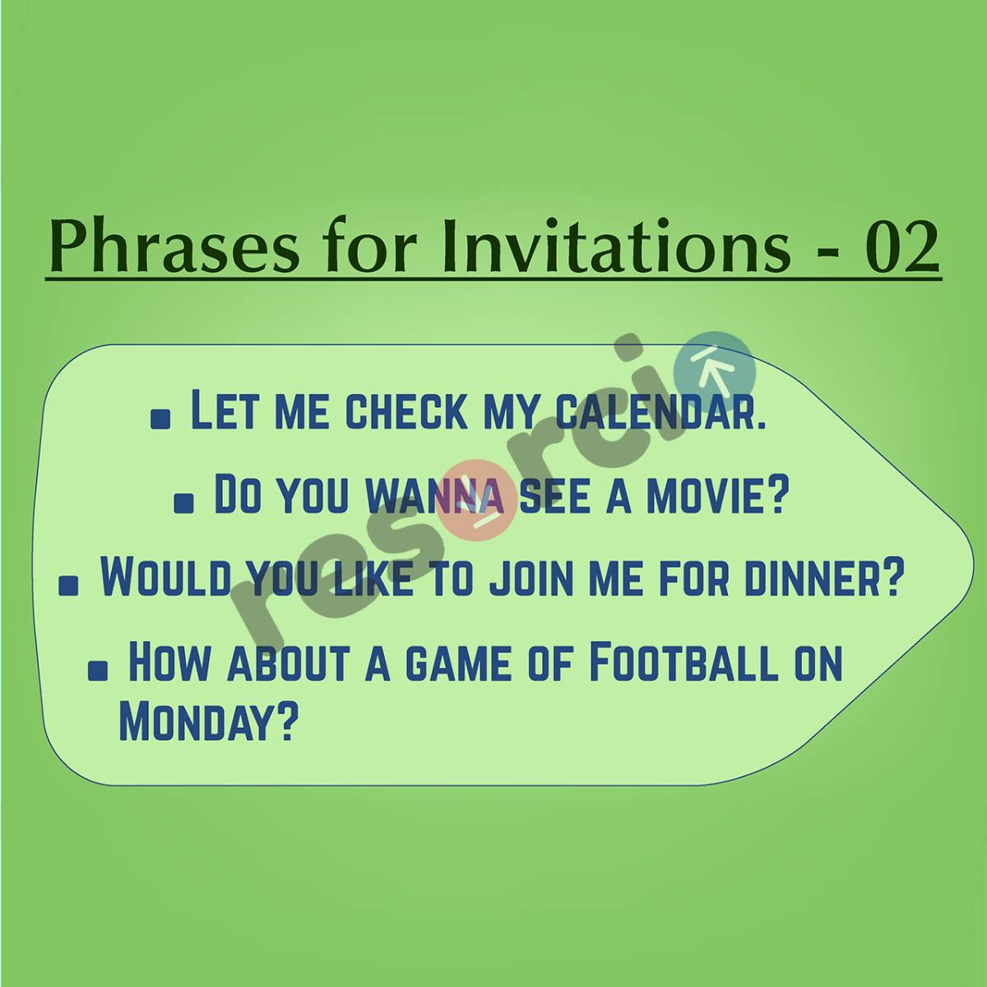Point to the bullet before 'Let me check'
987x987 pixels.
click(x=161, y=419)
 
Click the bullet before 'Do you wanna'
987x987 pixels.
click(x=185, y=503)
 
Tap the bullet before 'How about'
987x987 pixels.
click(x=98, y=670)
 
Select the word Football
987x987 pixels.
click(x=683, y=662)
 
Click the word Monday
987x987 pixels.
click(x=207, y=721)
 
